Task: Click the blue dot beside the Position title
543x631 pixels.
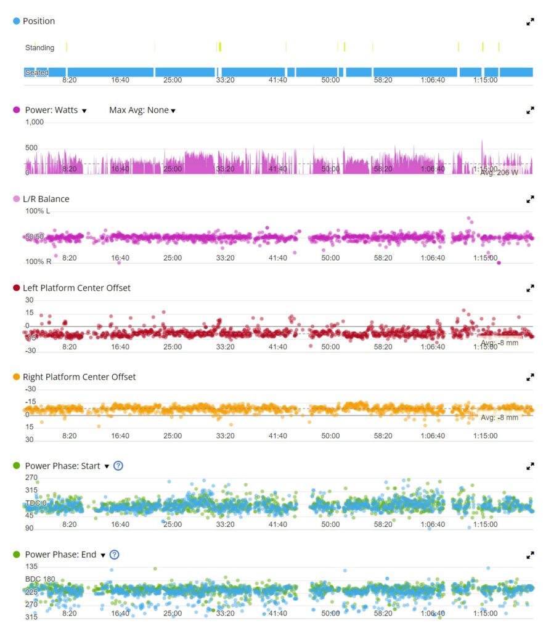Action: [x=16, y=21]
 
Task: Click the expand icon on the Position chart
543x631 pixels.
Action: [x=530, y=22]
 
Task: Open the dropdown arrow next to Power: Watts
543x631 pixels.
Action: [x=84, y=111]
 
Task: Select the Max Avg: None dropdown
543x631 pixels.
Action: [x=142, y=110]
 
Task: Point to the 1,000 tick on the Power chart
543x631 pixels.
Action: [x=35, y=122]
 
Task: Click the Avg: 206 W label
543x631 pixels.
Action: [x=499, y=173]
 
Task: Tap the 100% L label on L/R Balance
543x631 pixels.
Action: [x=38, y=211]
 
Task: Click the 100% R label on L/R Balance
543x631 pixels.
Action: [x=38, y=261]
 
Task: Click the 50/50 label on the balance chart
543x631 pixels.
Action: [x=34, y=237]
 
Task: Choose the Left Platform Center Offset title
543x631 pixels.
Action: [x=76, y=288]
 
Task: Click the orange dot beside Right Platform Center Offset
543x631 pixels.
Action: [x=16, y=377]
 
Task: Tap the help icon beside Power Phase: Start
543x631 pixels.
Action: [x=118, y=466]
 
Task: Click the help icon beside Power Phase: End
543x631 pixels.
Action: [x=114, y=555]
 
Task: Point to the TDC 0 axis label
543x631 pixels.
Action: [x=35, y=503]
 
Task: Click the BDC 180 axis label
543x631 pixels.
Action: [x=40, y=579]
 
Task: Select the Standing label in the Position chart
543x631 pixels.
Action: [x=39, y=47]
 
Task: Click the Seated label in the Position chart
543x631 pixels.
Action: [x=36, y=73]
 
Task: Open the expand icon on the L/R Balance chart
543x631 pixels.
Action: [x=530, y=199]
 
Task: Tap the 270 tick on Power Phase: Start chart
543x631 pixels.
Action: [x=31, y=478]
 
